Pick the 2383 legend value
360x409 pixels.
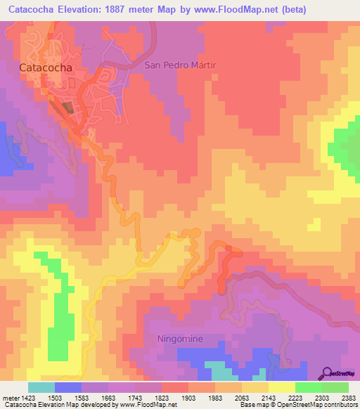pyautogui.click(x=347, y=397)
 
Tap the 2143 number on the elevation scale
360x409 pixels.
pyautogui.click(x=257, y=397)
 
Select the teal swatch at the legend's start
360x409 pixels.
pyautogui.click(x=41, y=387)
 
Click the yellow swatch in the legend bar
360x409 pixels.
pyautogui.click(x=282, y=387)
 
